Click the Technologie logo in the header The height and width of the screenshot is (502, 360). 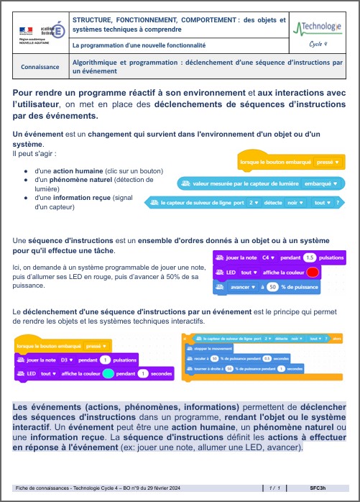tap(318, 28)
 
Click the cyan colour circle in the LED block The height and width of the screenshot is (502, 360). tap(108, 374)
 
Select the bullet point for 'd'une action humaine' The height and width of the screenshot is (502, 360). tap(26, 170)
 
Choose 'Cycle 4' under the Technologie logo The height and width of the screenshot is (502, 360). tap(318, 44)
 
